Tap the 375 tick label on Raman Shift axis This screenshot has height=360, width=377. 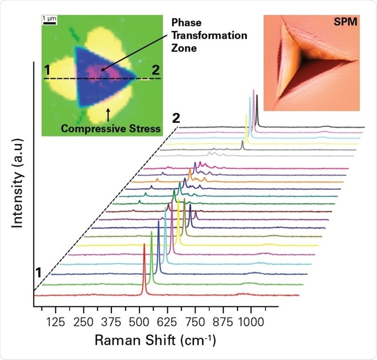click(111, 320)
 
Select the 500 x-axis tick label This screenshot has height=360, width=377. click(139, 320)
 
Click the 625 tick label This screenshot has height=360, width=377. click(167, 320)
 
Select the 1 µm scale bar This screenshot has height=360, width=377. click(49, 22)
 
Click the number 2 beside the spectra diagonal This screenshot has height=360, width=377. click(176, 118)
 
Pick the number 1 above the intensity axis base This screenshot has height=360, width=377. click(39, 273)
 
